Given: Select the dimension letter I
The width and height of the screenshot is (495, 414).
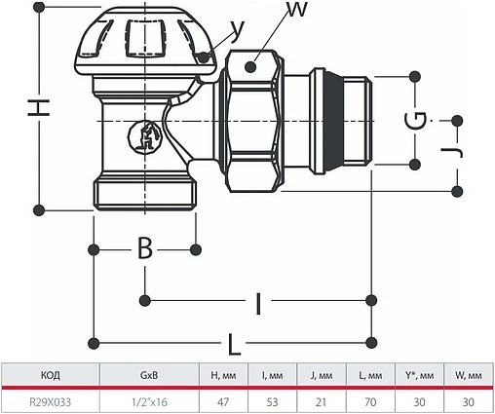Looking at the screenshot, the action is (x=258, y=304).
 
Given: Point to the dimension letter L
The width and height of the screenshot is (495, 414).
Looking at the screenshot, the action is (x=234, y=344).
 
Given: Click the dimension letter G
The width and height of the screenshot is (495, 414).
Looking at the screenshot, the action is (x=415, y=121).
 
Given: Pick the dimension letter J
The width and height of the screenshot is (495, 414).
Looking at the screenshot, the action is (x=451, y=152).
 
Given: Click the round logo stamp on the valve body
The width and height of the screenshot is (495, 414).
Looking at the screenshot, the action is (x=145, y=137).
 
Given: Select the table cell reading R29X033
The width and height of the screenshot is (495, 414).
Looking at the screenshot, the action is (x=50, y=402).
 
